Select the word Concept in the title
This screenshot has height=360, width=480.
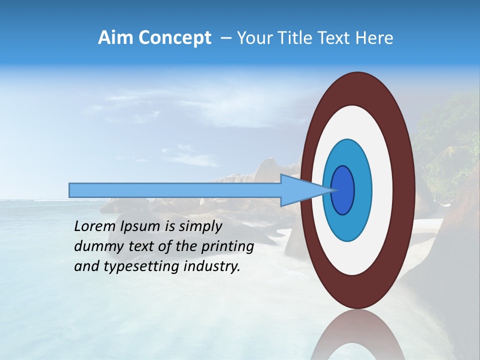pyautogui.click(x=174, y=38)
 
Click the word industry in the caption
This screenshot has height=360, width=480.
pyautogui.click(x=212, y=266)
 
